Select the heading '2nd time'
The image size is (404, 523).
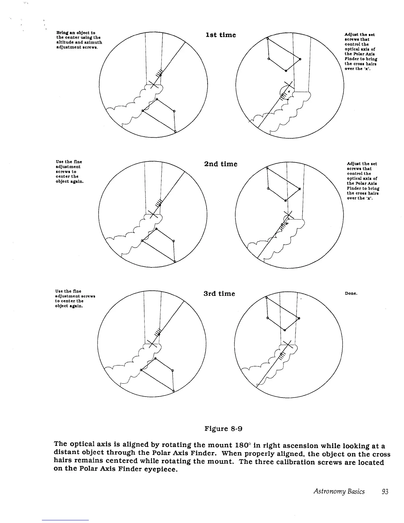click(x=221, y=164)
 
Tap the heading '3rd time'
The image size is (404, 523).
click(x=219, y=294)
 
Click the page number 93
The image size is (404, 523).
click(x=385, y=492)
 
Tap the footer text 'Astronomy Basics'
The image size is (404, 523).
click(x=339, y=492)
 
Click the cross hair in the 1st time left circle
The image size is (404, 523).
click(x=152, y=85)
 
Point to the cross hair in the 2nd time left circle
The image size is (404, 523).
click(x=152, y=214)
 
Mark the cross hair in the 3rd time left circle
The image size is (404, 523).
click(x=152, y=343)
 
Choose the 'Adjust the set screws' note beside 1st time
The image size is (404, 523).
click(x=360, y=52)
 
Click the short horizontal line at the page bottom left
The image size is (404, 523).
click(x=65, y=520)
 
